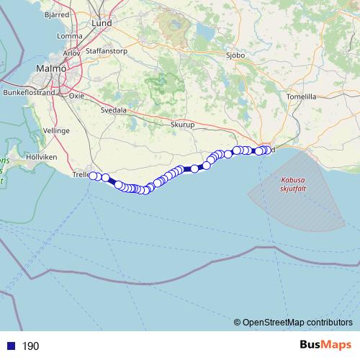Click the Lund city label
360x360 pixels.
(102, 23)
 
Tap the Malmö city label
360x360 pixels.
(51, 69)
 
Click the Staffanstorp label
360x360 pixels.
(106, 52)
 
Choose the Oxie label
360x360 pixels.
(76, 95)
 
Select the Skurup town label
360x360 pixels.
(183, 125)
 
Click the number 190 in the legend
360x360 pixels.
(30, 346)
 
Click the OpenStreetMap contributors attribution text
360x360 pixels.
(293, 323)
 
